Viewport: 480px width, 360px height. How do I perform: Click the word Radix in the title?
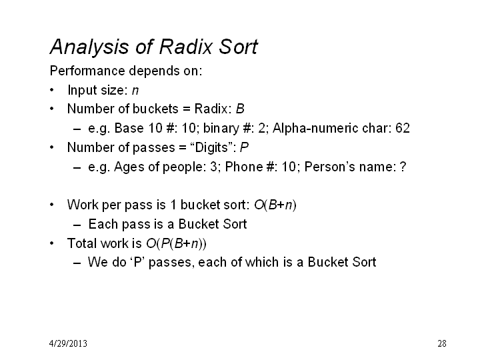pyautogui.click(x=185, y=47)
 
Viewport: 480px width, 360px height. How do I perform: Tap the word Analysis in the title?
pyautogui.click(x=89, y=47)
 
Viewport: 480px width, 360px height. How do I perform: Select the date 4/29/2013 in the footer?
pyautogui.click(x=68, y=343)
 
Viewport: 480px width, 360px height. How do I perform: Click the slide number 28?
pyautogui.click(x=442, y=343)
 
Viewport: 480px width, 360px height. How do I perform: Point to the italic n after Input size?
pyautogui.click(x=135, y=91)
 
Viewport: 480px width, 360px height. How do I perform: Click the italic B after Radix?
pyautogui.click(x=240, y=109)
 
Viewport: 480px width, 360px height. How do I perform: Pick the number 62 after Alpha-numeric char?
pyautogui.click(x=403, y=128)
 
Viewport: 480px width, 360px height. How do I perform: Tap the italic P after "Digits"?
pyautogui.click(x=244, y=147)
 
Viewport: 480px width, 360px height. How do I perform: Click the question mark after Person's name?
pyautogui.click(x=403, y=167)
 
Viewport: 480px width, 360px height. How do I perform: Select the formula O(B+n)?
pyautogui.click(x=275, y=205)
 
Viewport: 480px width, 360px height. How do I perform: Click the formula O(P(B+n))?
pyautogui.click(x=176, y=243)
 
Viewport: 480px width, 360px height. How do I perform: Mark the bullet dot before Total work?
pyautogui.click(x=52, y=243)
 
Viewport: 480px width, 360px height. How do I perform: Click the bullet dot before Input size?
pyautogui.click(x=52, y=90)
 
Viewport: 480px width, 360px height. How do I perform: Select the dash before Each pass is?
pyautogui.click(x=77, y=225)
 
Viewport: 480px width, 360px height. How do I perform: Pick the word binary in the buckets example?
pyautogui.click(x=221, y=129)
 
